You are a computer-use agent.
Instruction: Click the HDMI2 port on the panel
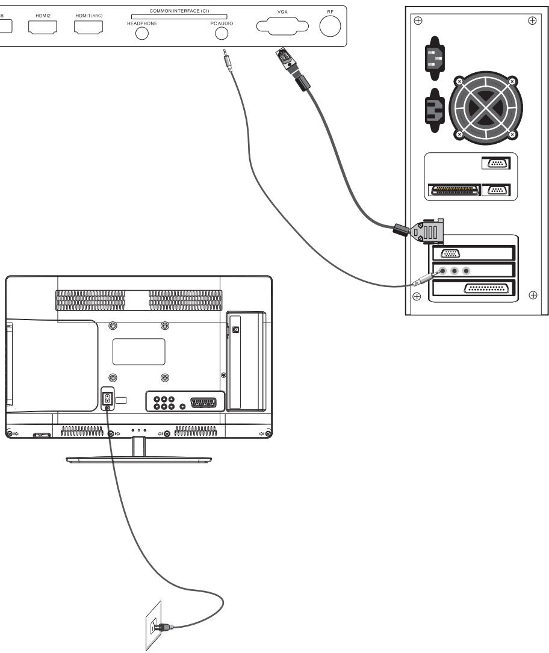[42, 27]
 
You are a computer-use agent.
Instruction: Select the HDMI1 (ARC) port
[88, 27]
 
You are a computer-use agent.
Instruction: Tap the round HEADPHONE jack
[141, 34]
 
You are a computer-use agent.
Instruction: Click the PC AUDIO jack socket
[224, 34]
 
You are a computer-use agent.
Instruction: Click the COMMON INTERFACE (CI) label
[179, 11]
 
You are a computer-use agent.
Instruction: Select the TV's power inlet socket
[107, 399]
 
